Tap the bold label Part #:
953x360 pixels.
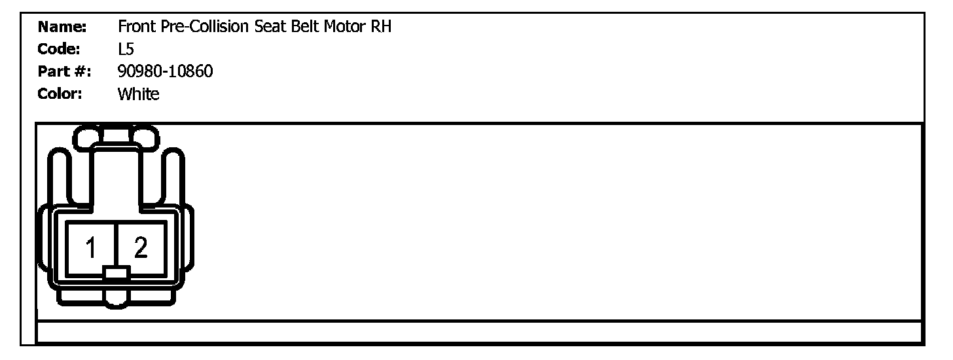[x=64, y=71]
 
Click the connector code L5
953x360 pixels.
[x=125, y=49]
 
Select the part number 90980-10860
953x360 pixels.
[x=165, y=71]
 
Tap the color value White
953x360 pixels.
[x=138, y=94]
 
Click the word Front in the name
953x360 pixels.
[x=134, y=27]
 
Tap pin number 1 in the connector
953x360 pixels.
[x=91, y=247]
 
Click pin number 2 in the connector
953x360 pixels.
[x=141, y=247]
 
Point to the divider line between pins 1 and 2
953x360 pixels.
[x=117, y=242]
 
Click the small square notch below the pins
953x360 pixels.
[x=117, y=274]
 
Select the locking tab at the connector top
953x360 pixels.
[x=115, y=136]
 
